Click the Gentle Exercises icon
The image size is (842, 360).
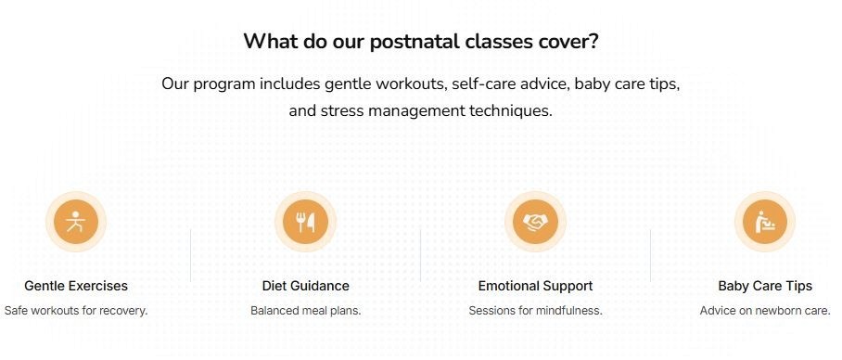click(76, 222)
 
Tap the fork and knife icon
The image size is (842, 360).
click(305, 222)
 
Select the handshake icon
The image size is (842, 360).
click(535, 222)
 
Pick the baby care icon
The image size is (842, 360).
click(765, 222)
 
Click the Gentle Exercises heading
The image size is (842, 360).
click(76, 286)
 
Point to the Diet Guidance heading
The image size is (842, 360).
click(306, 286)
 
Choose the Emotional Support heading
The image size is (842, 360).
click(535, 286)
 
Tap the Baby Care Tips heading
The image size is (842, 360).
click(765, 286)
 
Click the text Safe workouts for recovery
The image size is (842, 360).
click(76, 311)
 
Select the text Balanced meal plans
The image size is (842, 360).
click(306, 311)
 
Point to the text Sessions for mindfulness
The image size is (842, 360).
click(535, 311)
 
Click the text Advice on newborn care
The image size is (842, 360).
click(765, 311)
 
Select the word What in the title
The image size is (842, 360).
click(269, 43)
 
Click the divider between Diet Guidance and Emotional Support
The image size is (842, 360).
click(421, 255)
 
